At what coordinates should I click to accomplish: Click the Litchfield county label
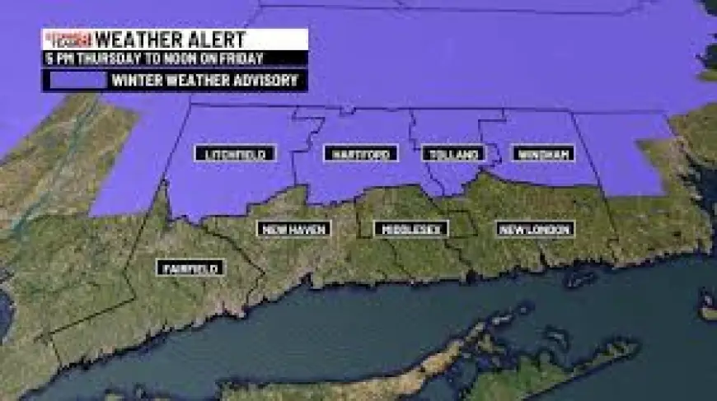pos(234,154)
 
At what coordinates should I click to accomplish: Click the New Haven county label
pos(293,229)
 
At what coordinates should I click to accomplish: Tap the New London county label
pos(536,229)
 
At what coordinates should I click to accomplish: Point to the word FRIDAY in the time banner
pos(242,58)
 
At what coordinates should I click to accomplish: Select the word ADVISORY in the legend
pos(262,81)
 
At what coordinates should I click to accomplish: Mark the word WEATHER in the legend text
pos(193,81)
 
